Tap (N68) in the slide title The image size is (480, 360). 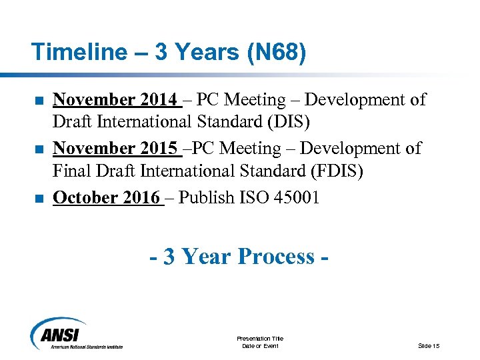pyautogui.click(x=275, y=52)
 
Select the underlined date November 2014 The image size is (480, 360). pyautogui.click(x=116, y=100)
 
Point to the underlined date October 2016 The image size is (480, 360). pyautogui.click(x=107, y=197)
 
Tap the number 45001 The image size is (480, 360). pyautogui.click(x=297, y=197)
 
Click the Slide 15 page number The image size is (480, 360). pyautogui.click(x=429, y=345)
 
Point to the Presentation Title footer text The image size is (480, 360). pyautogui.click(x=260, y=339)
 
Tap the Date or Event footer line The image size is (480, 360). pyautogui.click(x=260, y=346)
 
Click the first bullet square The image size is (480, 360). pyautogui.click(x=39, y=101)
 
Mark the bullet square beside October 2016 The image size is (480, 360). pyautogui.click(x=39, y=198)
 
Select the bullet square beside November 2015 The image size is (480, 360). pyautogui.click(x=39, y=149)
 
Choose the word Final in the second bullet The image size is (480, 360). pyautogui.click(x=73, y=172)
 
